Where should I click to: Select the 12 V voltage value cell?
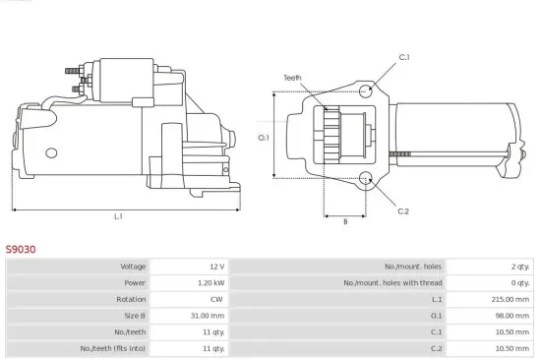(x=215, y=267)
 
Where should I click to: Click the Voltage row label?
(x=133, y=267)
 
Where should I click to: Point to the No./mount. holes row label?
(x=414, y=267)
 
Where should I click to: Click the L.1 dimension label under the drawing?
(x=118, y=216)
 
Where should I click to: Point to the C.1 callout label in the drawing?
(x=404, y=58)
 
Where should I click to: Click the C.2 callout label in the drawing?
(x=403, y=210)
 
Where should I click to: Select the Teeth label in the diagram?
(x=292, y=77)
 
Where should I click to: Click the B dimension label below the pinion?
(x=344, y=222)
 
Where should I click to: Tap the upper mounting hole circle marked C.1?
(x=366, y=91)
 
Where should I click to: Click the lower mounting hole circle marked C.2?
(x=366, y=179)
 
